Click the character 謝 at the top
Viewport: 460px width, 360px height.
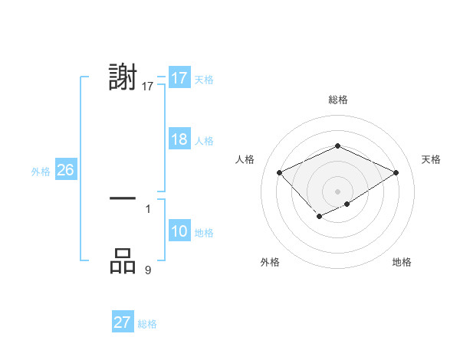pos(123,79)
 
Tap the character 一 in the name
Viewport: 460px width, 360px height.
pos(123,198)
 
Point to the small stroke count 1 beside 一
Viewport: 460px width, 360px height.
pos(148,208)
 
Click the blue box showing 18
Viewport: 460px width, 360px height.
pos(179,139)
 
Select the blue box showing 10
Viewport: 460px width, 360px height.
pos(179,231)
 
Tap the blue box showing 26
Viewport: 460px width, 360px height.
pos(65,170)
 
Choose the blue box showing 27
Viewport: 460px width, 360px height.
pos(122,322)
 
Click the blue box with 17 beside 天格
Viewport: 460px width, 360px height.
pos(179,78)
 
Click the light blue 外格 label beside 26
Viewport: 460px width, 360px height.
pos(41,172)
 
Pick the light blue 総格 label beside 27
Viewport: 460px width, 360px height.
pos(147,324)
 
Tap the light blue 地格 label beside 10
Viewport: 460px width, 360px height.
pos(204,233)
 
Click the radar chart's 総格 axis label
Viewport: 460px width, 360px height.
pos(337,100)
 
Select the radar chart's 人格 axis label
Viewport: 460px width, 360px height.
pos(245,159)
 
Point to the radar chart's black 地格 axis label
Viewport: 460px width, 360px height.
pos(402,263)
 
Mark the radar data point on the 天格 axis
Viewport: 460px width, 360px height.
pos(396,173)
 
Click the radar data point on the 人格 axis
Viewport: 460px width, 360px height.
pos(280,173)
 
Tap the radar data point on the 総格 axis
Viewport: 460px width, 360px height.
pos(337,146)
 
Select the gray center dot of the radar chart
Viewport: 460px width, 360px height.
pos(337,191)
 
